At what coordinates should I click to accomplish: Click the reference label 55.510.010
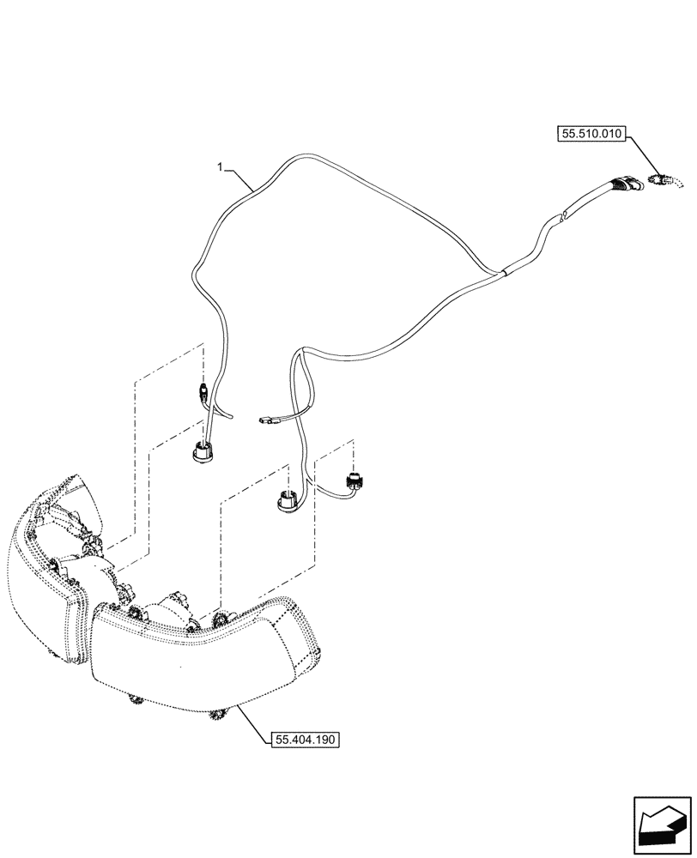click(593, 134)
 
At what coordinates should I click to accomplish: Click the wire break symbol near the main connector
click(561, 218)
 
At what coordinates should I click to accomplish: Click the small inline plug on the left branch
click(202, 393)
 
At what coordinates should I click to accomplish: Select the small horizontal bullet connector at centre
click(267, 420)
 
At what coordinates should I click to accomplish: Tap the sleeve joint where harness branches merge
click(505, 271)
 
